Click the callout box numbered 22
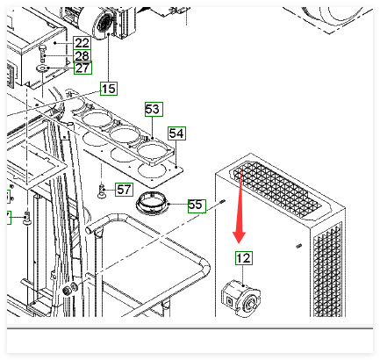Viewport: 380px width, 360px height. [x=82, y=43]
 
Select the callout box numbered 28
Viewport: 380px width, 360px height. [x=82, y=55]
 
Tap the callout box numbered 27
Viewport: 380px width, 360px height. [x=82, y=68]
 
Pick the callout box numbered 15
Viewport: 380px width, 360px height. [x=109, y=89]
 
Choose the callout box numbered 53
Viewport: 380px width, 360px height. [x=154, y=109]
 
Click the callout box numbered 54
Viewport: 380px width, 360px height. [x=176, y=133]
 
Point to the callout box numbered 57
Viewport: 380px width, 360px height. [x=124, y=190]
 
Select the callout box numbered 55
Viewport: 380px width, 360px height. [x=197, y=205]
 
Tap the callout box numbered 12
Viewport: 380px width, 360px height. [x=244, y=258]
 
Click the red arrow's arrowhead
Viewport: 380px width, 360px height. [x=239, y=236]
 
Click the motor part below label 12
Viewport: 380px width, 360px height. [x=240, y=299]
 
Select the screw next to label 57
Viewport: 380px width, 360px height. [x=102, y=191]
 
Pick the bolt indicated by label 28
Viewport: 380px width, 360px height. [x=41, y=54]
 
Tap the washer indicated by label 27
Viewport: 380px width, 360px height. [x=42, y=69]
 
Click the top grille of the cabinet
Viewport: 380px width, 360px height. [x=277, y=190]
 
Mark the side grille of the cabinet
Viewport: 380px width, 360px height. [x=327, y=270]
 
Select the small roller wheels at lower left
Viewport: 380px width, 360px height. [x=69, y=290]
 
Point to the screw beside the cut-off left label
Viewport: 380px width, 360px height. [x=27, y=218]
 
